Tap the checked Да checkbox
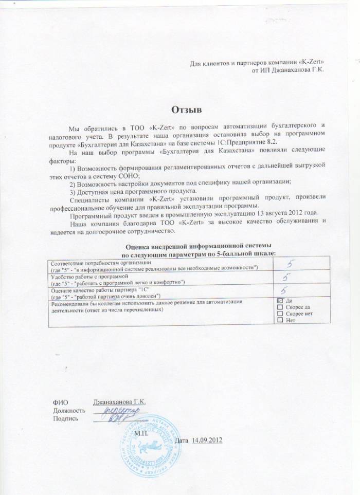point(280,300)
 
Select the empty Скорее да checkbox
point(280,307)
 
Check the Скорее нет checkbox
point(280,314)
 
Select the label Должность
point(68,410)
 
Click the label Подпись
point(66,419)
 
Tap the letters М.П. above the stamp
point(141,433)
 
